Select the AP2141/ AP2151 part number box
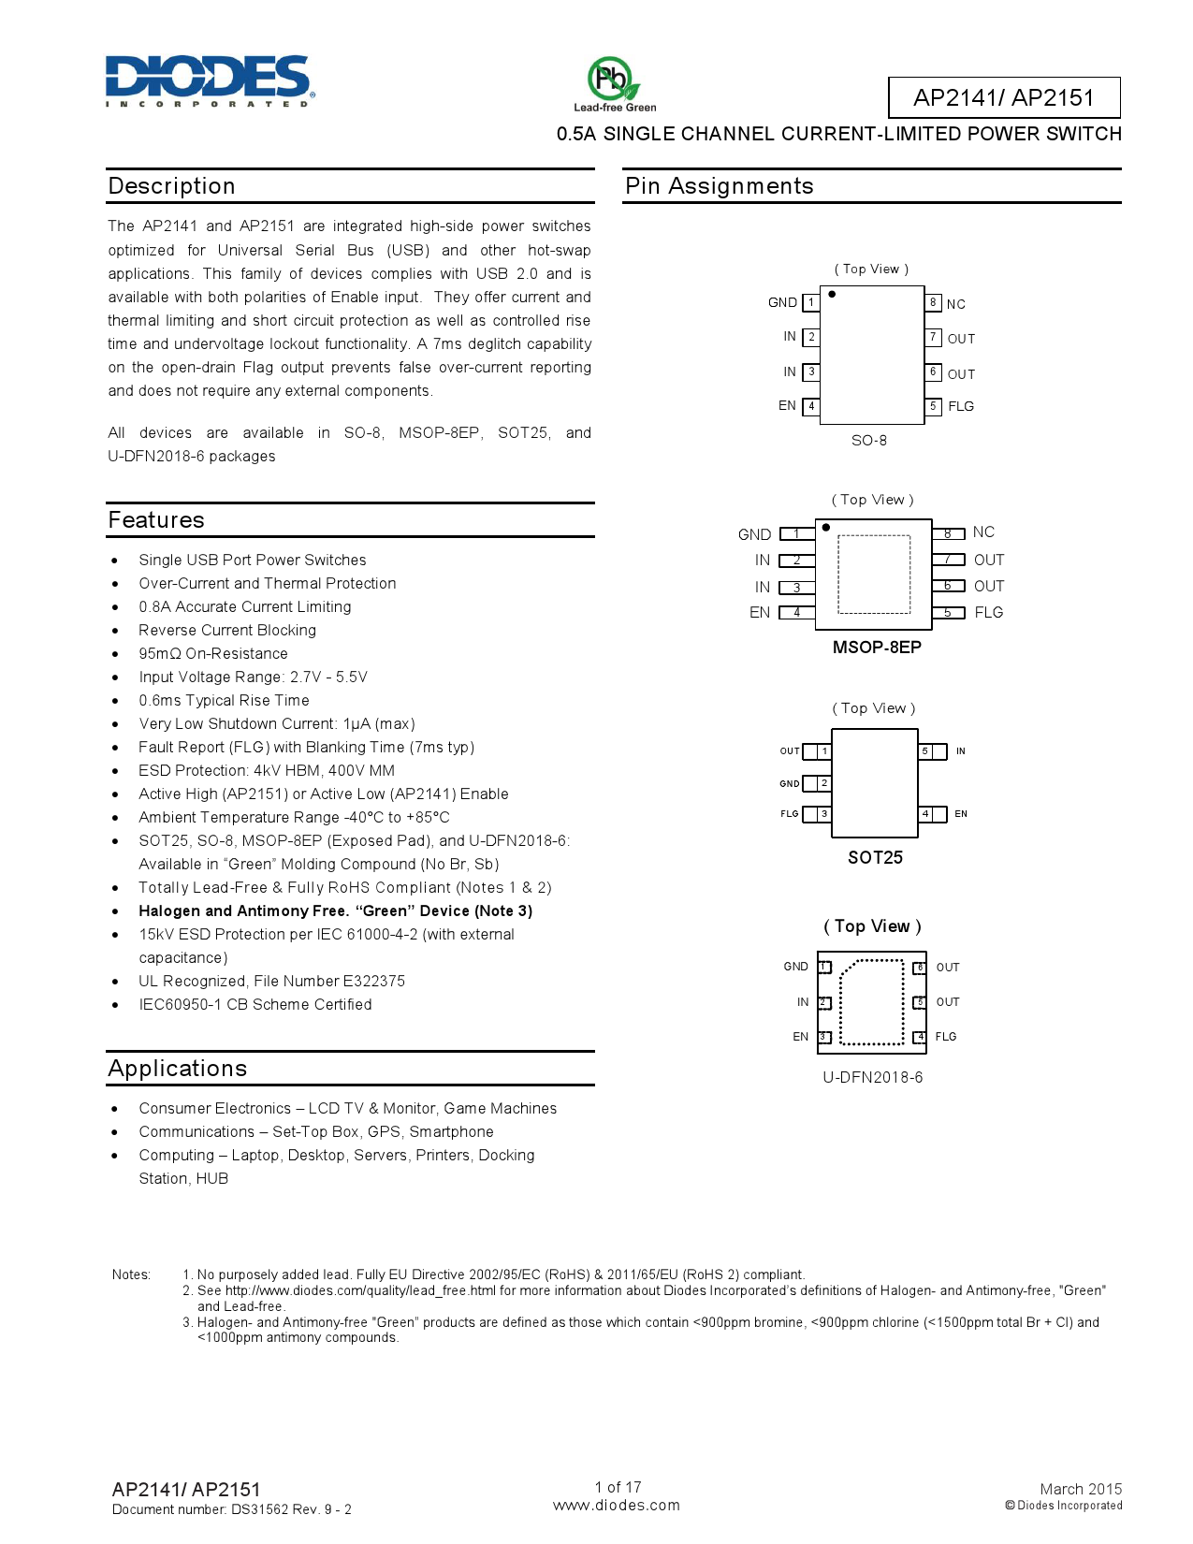[x=1003, y=97]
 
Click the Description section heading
[x=171, y=186]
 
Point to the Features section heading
[x=156, y=520]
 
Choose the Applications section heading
[x=178, y=1069]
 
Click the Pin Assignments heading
[x=719, y=186]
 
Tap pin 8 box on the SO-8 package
[x=933, y=302]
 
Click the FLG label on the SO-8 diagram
[x=961, y=406]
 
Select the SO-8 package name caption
[x=868, y=441]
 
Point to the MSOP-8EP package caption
[x=877, y=648]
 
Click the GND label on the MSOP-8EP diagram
[x=754, y=534]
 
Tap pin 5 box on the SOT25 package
[x=925, y=751]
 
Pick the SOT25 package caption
[x=875, y=857]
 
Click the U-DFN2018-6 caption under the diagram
[x=872, y=1077]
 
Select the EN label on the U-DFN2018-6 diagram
[x=800, y=1037]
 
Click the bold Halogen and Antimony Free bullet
[x=335, y=911]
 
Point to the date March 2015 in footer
[x=1080, y=1489]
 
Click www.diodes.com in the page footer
[x=616, y=1506]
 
